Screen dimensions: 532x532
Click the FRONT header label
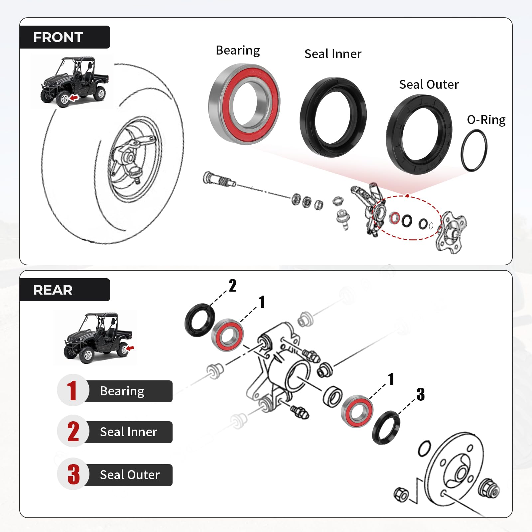58,37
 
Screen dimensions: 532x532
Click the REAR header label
53,290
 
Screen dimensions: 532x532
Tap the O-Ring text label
486,120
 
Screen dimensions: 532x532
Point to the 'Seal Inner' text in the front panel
333,54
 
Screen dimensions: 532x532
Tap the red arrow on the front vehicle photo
74,97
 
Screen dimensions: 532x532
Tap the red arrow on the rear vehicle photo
130,348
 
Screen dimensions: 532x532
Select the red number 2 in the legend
73,432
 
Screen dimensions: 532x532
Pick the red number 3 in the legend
73,474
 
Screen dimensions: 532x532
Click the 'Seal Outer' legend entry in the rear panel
130,475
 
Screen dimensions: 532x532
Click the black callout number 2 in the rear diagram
232,286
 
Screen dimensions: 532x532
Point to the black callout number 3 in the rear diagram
421,394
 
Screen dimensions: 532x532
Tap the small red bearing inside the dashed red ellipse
395,218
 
